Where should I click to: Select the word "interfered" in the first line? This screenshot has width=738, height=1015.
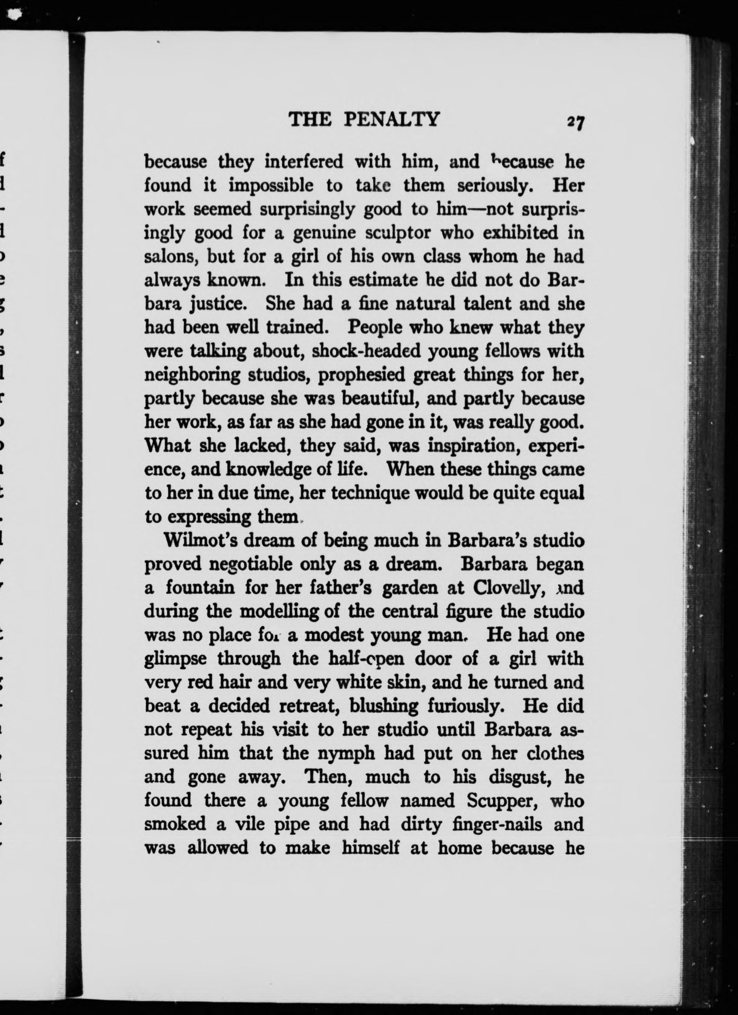click(x=304, y=161)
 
